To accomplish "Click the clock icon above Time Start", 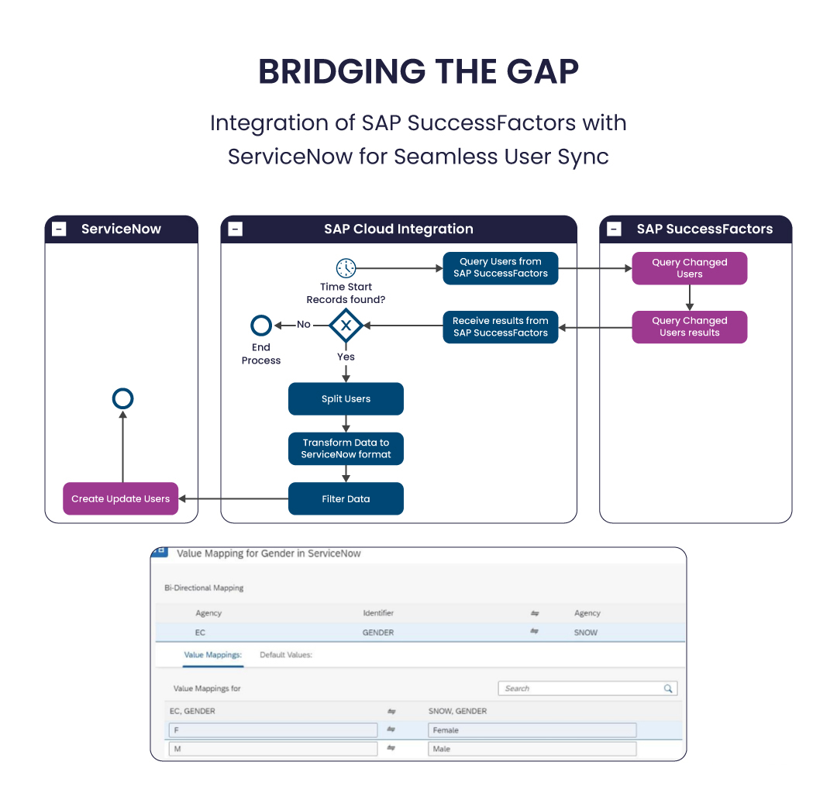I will click(x=346, y=268).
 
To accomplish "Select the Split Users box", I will click(x=346, y=399).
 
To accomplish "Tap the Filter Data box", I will click(x=346, y=499).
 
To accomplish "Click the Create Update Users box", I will click(x=121, y=499).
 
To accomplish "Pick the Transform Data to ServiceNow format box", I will click(x=346, y=449).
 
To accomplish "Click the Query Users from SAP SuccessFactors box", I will click(x=501, y=268).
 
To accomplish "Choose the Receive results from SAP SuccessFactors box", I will click(x=501, y=327).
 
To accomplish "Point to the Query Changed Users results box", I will click(x=689, y=327).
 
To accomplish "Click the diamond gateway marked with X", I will click(x=346, y=326).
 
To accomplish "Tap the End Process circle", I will click(x=262, y=326).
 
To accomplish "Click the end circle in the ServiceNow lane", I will click(x=122, y=399).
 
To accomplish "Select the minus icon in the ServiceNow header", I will click(x=59, y=229).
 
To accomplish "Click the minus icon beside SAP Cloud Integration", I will click(x=236, y=229).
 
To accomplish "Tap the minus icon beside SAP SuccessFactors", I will click(x=614, y=229).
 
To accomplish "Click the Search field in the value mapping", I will click(x=581, y=688).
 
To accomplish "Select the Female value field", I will click(x=532, y=730).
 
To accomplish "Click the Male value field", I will click(x=532, y=749).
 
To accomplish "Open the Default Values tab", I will click(x=286, y=655).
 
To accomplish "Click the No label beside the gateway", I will click(x=304, y=325).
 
